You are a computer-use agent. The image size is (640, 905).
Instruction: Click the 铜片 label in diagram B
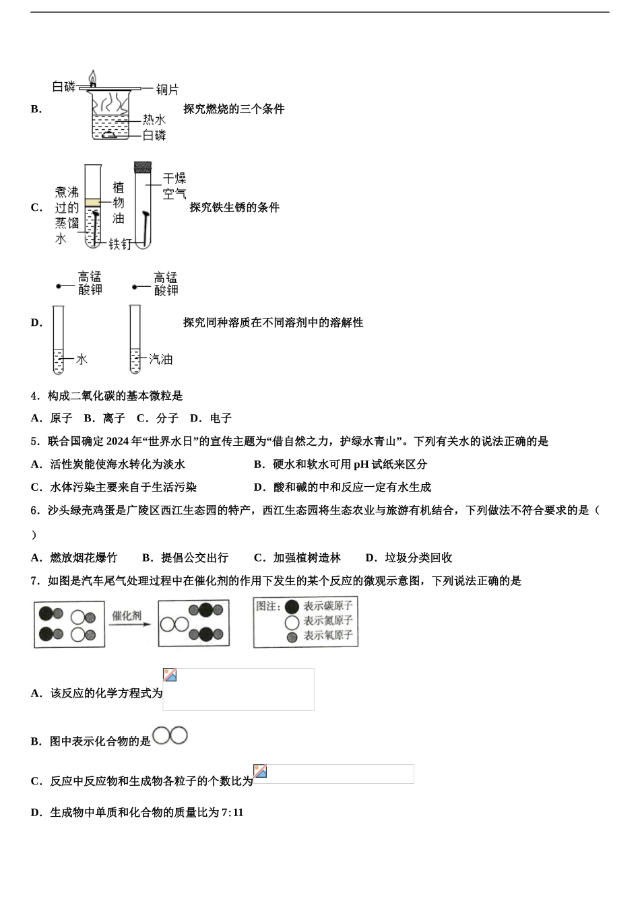[167, 89]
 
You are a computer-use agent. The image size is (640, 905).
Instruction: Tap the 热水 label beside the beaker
[154, 119]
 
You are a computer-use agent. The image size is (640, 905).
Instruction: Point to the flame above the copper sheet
[93, 77]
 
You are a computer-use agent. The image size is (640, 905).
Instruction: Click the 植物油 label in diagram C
[119, 203]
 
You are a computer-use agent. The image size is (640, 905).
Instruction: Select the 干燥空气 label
[174, 187]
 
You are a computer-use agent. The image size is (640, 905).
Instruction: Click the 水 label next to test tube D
[82, 360]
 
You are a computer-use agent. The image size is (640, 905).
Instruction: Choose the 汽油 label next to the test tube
[160, 360]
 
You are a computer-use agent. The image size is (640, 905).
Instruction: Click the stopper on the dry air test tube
[142, 166]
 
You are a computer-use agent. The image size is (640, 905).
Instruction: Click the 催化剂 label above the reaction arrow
[127, 615]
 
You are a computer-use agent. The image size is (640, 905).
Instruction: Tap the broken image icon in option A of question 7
[170, 675]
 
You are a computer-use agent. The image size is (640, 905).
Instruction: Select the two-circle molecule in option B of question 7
[170, 736]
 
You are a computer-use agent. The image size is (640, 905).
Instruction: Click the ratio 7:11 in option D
[232, 813]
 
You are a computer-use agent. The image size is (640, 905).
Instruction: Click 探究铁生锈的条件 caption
[234, 207]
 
